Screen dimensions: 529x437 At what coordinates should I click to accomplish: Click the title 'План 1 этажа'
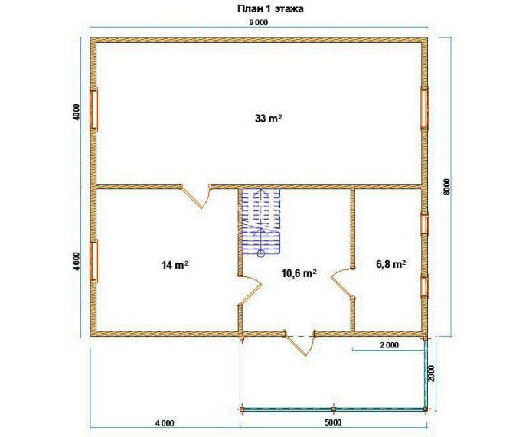click(270, 9)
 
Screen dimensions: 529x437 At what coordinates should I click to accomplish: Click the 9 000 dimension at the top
click(258, 22)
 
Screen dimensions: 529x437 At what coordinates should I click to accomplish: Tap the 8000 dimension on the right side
click(446, 187)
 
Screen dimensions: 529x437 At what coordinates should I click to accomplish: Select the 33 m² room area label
click(269, 119)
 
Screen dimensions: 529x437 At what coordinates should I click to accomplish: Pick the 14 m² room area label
click(175, 265)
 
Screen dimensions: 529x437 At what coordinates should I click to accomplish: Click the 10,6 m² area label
click(299, 273)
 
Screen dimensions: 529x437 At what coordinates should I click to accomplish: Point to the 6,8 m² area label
click(390, 264)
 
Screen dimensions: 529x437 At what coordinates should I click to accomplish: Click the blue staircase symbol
click(261, 221)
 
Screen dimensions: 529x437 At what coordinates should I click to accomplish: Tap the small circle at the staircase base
click(261, 254)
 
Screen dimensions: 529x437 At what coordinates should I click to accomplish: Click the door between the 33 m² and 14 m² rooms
click(197, 196)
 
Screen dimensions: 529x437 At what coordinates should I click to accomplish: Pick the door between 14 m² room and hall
click(250, 290)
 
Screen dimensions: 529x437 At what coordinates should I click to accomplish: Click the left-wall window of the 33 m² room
click(93, 109)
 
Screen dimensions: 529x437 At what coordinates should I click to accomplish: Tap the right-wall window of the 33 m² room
click(424, 108)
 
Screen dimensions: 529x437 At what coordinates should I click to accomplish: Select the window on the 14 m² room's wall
click(93, 261)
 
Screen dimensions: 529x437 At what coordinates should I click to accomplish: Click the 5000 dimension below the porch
click(333, 422)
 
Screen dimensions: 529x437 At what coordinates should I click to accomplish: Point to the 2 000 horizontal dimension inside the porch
click(390, 345)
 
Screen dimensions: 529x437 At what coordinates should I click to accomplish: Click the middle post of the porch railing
click(334, 409)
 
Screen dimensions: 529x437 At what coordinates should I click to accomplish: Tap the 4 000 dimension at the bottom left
click(165, 422)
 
